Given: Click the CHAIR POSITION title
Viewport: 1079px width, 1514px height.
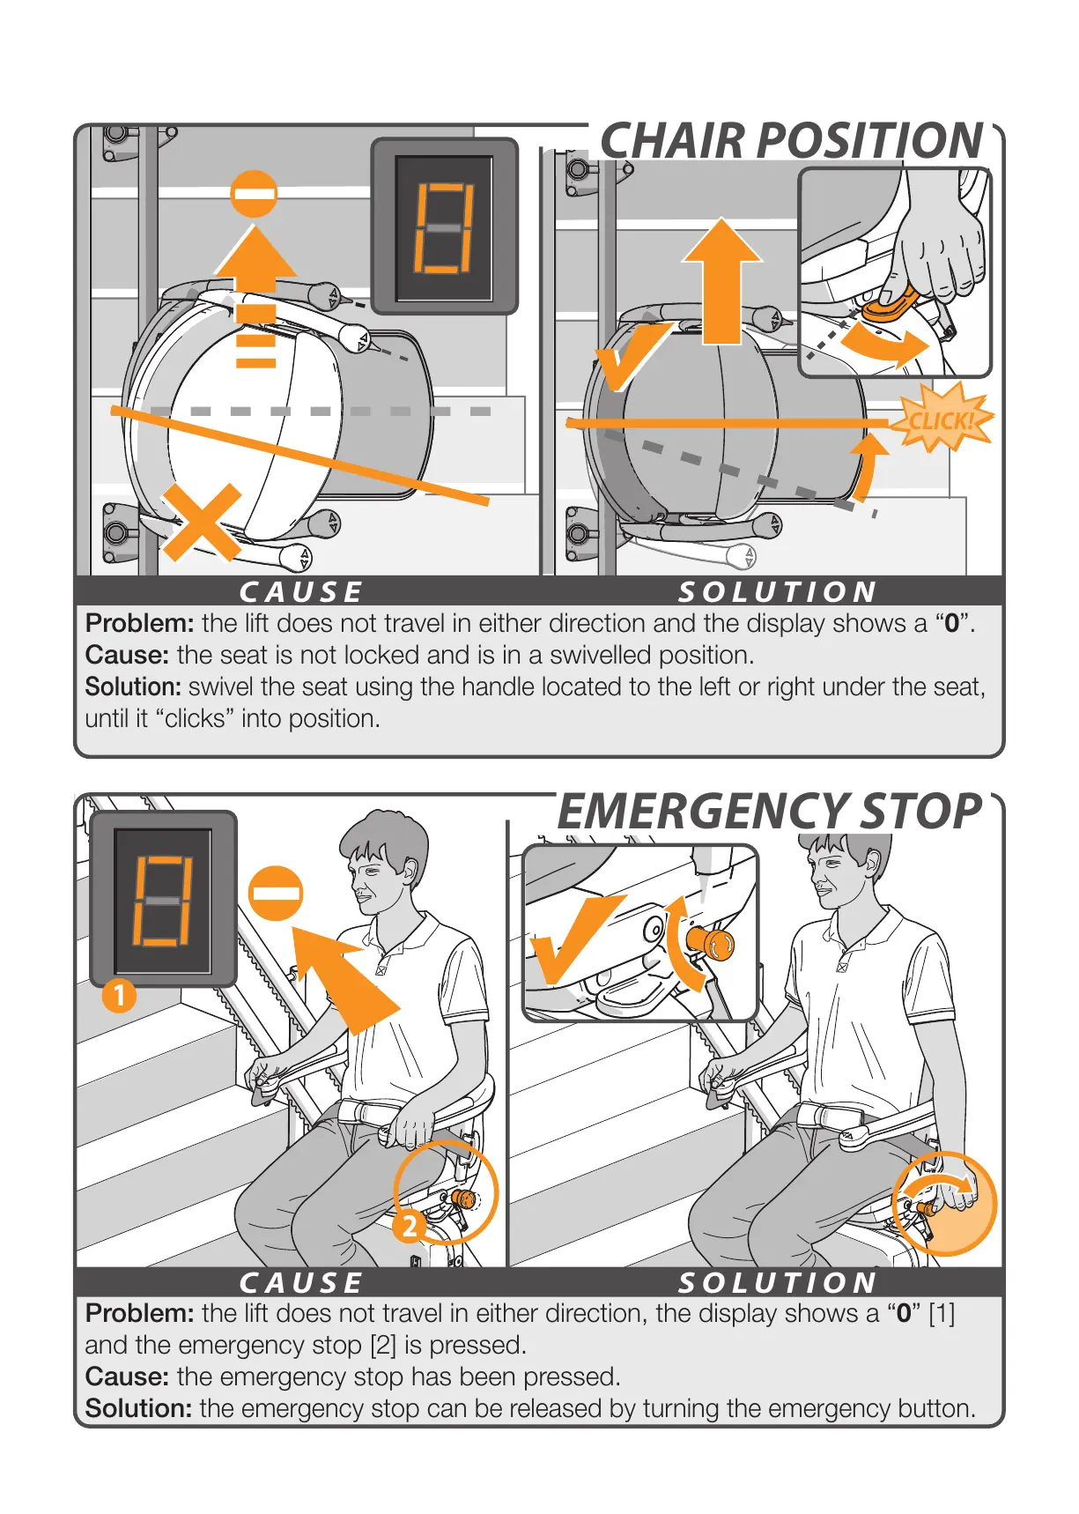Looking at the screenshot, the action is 791,141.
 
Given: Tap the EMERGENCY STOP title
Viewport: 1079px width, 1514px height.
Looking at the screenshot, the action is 769,812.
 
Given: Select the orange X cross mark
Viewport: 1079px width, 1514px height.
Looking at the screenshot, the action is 203,523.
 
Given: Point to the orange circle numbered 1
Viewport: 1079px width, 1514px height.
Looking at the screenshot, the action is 119,996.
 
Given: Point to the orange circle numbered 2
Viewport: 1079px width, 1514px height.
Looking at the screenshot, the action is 409,1225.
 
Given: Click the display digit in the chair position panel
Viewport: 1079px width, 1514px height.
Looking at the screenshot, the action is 444,227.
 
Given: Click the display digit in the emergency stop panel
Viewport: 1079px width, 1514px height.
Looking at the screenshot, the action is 162,900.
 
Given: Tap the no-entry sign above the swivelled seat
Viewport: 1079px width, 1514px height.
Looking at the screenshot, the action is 254,194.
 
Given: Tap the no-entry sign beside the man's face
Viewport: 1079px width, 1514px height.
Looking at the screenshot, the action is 276,894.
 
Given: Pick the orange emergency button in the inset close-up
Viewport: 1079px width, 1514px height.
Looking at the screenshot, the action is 713,943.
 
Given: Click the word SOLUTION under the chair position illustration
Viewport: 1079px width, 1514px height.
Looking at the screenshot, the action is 777,591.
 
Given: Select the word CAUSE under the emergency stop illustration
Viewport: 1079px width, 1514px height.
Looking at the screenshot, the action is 301,1282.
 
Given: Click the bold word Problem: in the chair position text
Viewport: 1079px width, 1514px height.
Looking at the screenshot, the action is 139,624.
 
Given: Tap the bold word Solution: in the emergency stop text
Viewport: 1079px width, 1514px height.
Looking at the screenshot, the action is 138,1408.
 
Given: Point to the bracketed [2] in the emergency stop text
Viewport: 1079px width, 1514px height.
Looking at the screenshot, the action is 383,1346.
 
